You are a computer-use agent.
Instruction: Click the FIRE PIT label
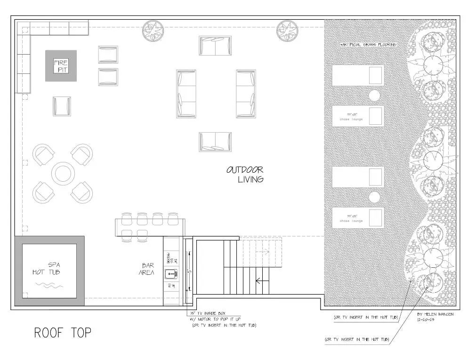coord(61,66)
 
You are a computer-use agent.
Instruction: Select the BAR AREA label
coord(147,269)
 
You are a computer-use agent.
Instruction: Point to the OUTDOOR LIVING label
coord(245,174)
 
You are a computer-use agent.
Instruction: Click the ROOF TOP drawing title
coord(63,333)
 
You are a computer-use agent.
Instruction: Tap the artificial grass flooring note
coord(369,44)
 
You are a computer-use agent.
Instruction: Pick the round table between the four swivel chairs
coord(63,174)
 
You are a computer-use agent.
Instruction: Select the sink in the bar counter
coord(171,273)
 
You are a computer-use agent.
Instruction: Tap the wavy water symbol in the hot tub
coord(49,285)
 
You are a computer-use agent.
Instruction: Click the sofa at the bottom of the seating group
coord(215,142)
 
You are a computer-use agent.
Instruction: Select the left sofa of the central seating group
coord(186,94)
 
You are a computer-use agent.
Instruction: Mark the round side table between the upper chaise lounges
coord(374,96)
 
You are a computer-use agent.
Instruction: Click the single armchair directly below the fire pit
coord(62,106)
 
